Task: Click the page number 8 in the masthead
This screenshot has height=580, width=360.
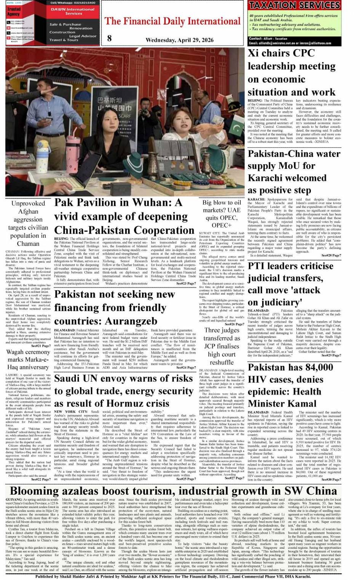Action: (x=110, y=38)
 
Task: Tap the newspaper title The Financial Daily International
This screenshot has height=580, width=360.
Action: (x=173, y=21)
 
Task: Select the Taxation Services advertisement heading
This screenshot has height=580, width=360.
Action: (x=294, y=5)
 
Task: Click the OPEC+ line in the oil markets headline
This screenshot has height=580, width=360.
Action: (x=222, y=225)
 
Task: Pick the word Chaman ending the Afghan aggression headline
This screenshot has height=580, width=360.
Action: (x=28, y=244)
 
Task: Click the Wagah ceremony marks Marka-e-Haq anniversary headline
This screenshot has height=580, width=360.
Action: (x=28, y=359)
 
